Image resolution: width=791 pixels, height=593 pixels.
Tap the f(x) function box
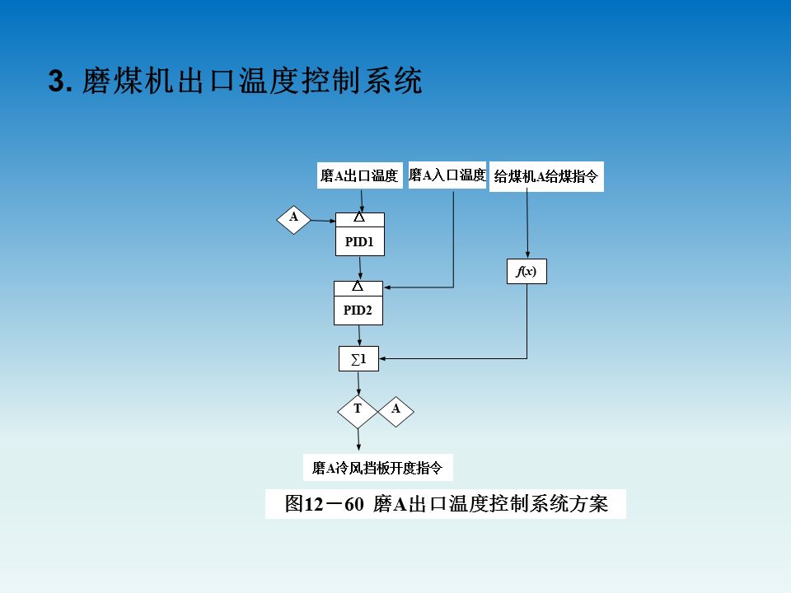tap(527, 271)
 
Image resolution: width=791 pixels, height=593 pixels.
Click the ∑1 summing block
tap(358, 359)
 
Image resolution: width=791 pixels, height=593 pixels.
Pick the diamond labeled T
tap(358, 409)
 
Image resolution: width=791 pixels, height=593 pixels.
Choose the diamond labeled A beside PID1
tap(293, 219)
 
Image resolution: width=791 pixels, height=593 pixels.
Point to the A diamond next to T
tap(395, 409)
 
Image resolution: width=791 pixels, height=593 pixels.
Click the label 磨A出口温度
tap(360, 175)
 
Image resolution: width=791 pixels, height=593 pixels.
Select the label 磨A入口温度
tap(447, 175)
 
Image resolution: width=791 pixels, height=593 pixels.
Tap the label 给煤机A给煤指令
tap(546, 176)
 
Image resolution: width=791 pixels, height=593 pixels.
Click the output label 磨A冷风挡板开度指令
tap(377, 468)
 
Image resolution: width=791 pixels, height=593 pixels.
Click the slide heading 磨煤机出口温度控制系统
tap(252, 82)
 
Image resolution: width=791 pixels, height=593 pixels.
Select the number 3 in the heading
tap(57, 82)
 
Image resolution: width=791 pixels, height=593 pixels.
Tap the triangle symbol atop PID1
tap(359, 218)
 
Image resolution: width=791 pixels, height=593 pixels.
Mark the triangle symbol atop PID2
tap(358, 287)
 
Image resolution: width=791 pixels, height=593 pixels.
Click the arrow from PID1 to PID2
tap(360, 268)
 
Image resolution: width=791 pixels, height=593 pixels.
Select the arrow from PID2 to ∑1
tap(358, 335)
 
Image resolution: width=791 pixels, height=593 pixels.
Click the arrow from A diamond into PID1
tap(322, 221)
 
